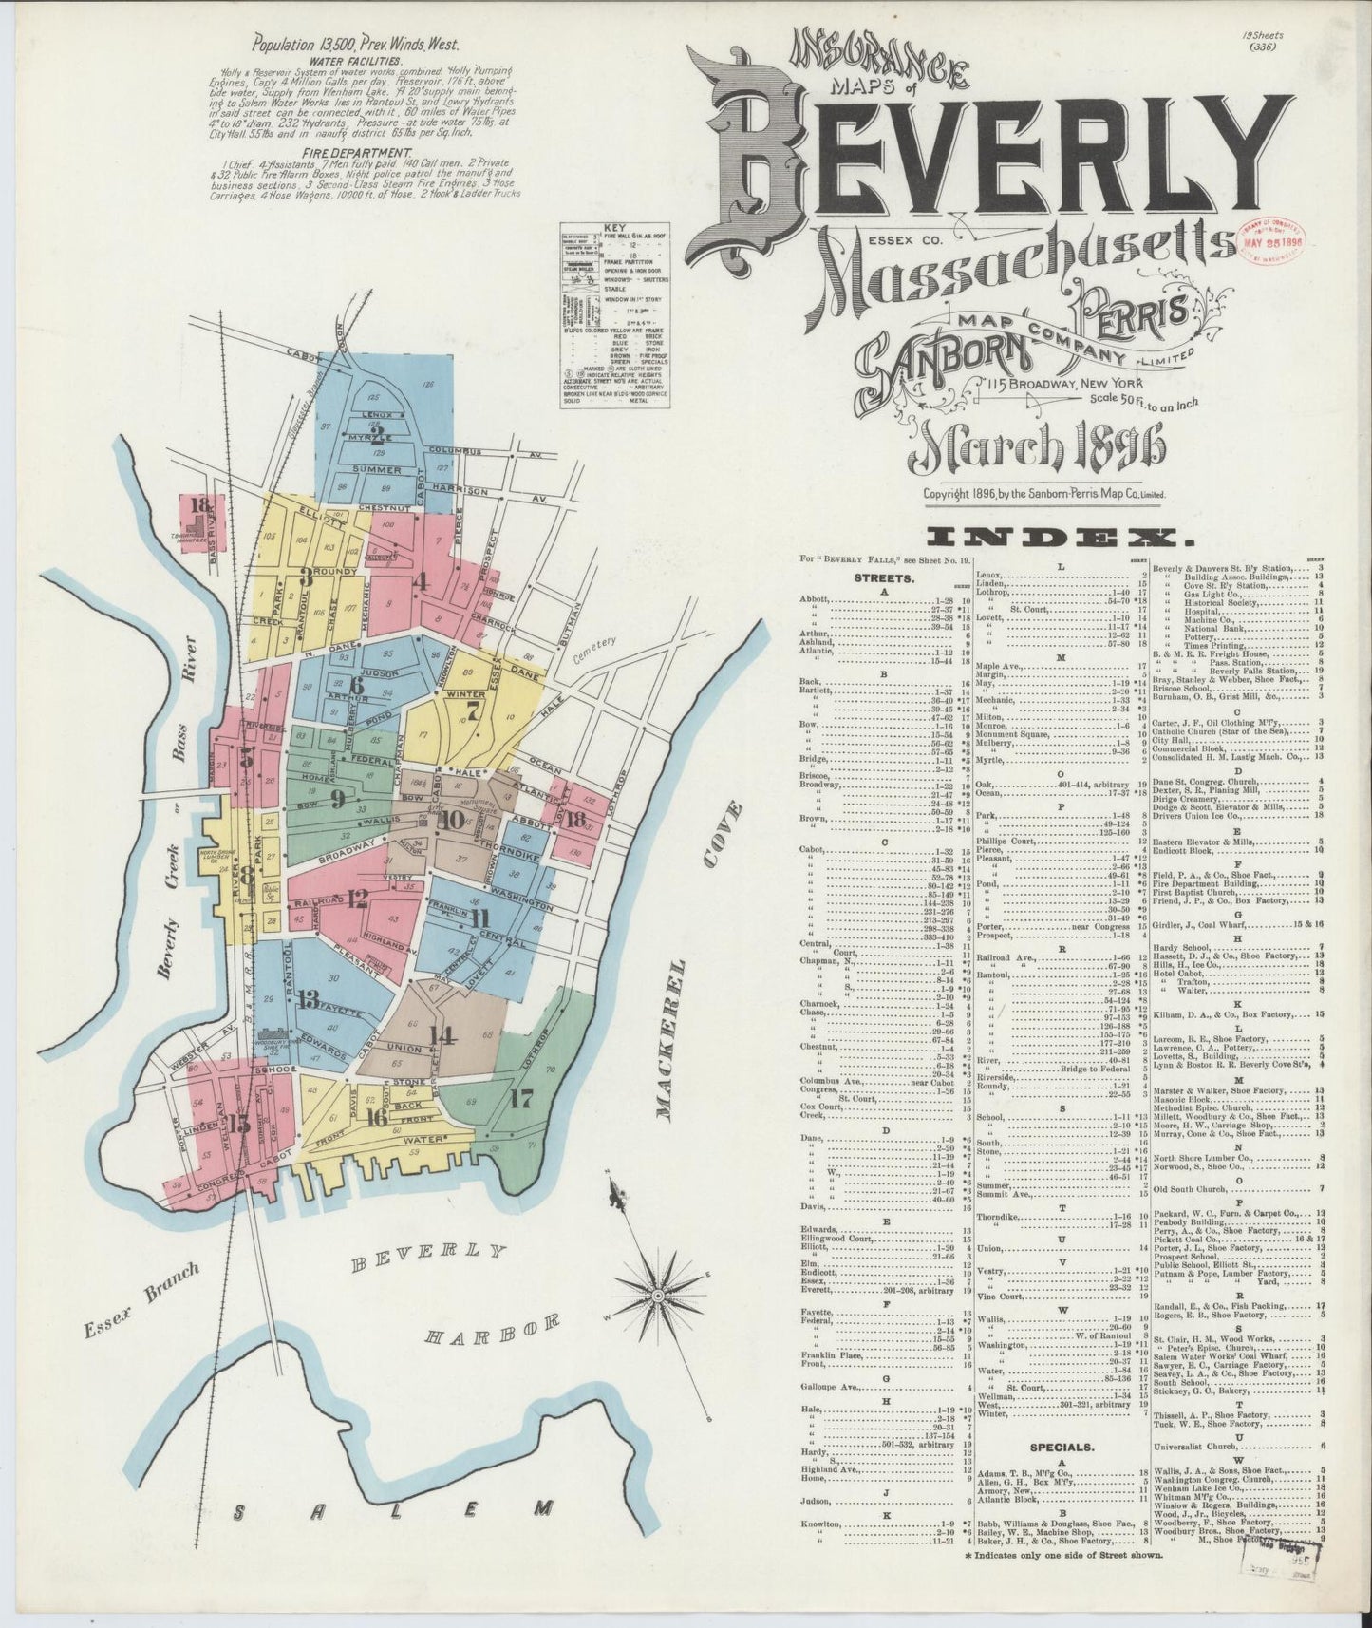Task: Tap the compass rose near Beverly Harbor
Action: (x=657, y=1295)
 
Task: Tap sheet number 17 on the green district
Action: (x=520, y=1102)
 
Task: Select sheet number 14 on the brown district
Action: (x=440, y=1035)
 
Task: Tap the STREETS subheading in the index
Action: (x=885, y=577)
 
